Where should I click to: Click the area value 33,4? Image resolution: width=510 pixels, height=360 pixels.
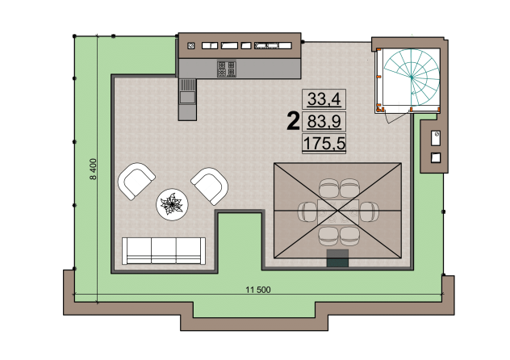(x=324, y=99)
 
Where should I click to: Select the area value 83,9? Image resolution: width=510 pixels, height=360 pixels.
(x=324, y=122)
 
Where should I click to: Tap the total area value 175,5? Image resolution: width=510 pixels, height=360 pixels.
(x=324, y=144)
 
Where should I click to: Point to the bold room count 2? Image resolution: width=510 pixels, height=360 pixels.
(x=293, y=121)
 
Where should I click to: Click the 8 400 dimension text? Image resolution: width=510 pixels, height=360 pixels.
(x=94, y=170)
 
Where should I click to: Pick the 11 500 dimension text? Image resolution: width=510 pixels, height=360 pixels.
(x=258, y=290)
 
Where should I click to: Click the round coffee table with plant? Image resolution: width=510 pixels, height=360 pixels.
(x=172, y=204)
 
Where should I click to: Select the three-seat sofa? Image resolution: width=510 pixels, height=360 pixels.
(x=164, y=250)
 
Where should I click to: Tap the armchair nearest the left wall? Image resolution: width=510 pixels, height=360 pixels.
(x=136, y=181)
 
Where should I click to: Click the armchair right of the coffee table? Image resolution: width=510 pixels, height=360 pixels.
(x=210, y=186)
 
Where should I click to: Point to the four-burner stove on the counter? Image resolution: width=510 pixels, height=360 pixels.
(x=227, y=69)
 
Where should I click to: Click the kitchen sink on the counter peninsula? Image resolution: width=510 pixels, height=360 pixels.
(x=187, y=97)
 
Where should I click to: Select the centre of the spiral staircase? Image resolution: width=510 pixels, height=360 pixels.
(x=412, y=77)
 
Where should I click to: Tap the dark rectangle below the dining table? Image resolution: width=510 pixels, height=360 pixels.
(x=337, y=258)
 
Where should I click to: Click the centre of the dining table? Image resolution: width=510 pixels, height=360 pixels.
(x=338, y=211)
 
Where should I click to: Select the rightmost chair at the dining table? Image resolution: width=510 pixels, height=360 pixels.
(x=370, y=211)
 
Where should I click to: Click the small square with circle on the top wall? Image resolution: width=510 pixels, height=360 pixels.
(x=191, y=46)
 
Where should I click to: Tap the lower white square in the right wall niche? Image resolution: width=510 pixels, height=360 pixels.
(x=436, y=157)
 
